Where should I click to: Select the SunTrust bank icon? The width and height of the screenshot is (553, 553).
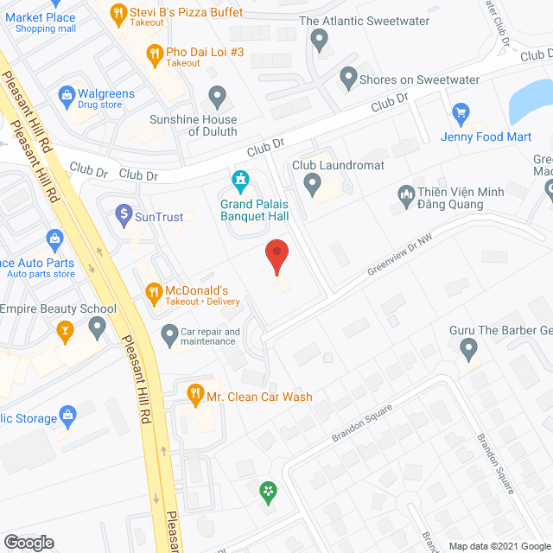point(123,213)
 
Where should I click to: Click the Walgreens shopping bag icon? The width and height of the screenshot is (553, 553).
point(65,93)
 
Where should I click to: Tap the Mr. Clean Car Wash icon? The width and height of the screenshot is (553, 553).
point(194,393)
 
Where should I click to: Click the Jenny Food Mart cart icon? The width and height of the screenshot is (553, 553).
point(461,112)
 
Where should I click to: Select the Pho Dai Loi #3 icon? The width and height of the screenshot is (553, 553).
point(154,54)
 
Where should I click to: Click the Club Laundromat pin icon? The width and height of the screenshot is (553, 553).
point(313,182)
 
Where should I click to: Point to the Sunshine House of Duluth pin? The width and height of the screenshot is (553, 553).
point(218,94)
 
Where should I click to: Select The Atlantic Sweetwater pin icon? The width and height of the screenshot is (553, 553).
point(320,39)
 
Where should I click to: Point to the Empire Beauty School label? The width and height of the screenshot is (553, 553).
point(58,308)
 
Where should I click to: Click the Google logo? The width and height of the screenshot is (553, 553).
point(28,542)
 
